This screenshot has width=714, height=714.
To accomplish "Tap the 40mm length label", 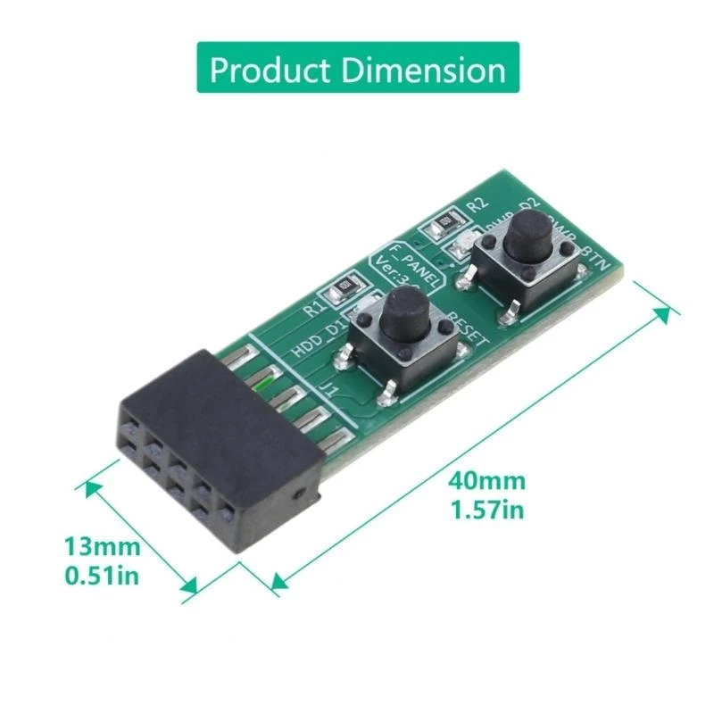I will (486, 482).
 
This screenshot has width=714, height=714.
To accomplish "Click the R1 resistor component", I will (343, 288).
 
